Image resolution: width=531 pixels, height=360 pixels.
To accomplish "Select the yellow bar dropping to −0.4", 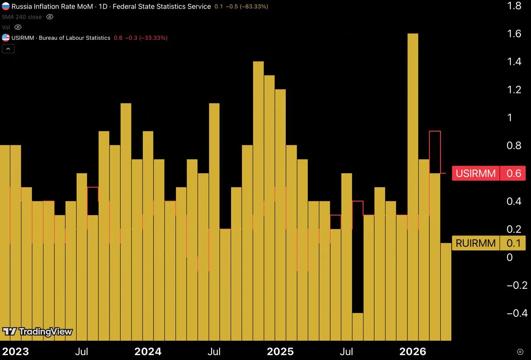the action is click(x=358, y=327).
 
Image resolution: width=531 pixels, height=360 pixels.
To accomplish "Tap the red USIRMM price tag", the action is click(x=489, y=173).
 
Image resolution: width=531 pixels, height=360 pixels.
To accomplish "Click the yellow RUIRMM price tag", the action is click(x=489, y=243).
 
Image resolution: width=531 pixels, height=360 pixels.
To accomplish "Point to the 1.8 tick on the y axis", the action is click(x=514, y=6).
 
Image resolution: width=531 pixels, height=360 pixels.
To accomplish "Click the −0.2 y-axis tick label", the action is click(x=517, y=285).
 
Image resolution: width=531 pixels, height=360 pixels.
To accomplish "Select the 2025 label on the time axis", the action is click(x=280, y=351).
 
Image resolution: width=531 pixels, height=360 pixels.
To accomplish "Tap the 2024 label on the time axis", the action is click(x=148, y=351).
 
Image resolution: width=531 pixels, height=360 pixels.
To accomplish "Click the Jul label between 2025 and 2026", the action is click(x=346, y=351).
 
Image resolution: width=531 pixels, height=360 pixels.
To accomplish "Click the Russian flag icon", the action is click(x=6, y=6).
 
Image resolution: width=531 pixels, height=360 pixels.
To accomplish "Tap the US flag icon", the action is click(x=6, y=37).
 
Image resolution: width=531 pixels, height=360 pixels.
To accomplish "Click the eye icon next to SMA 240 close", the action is click(x=49, y=17).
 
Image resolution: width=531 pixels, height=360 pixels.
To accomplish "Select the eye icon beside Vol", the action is click(x=18, y=27).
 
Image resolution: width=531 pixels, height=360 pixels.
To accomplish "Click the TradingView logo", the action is click(x=37, y=331).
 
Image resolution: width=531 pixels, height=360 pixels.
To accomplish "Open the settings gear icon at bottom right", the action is click(x=520, y=352).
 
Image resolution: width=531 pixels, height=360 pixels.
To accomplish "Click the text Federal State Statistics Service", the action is click(x=162, y=6).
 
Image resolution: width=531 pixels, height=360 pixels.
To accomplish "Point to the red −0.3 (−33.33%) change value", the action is click(x=146, y=38).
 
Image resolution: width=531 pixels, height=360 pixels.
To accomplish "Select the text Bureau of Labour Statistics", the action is click(x=74, y=38).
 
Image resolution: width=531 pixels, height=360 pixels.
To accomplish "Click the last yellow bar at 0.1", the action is click(x=446, y=292).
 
